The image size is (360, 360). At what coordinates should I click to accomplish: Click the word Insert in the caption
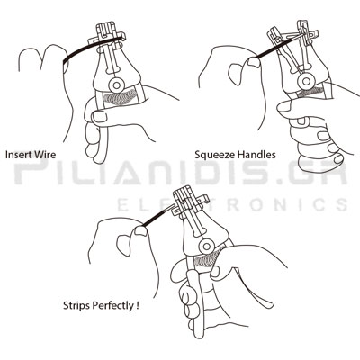pos(18,155)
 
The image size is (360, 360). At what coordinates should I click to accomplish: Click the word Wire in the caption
pos(45,155)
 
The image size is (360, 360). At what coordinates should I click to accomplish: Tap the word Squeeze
pos(215,155)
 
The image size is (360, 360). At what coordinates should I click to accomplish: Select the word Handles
pos(256,155)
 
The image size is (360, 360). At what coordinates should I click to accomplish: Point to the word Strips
pos(76,306)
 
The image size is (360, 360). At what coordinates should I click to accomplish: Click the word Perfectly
pos(112,306)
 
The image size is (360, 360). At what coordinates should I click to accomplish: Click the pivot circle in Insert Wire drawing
pos(116,85)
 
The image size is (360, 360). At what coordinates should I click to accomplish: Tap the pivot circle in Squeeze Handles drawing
pos(306,81)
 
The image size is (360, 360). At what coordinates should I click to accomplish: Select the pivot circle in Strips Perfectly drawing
pos(206,247)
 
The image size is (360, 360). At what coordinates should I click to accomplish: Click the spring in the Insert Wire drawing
pos(120,98)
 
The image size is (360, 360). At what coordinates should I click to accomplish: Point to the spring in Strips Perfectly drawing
pos(206,259)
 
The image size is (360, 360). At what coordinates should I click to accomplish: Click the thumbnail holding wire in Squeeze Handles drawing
pos(254,62)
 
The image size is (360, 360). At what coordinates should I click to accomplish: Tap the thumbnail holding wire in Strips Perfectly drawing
pos(140,230)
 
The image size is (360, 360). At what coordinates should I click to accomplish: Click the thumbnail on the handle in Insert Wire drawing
pos(100,116)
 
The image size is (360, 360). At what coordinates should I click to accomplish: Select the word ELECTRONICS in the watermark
pos(232,205)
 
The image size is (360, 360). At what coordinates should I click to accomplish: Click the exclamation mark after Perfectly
pos(137,305)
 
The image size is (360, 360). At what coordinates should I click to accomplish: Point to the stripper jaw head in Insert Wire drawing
pos(107,33)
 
